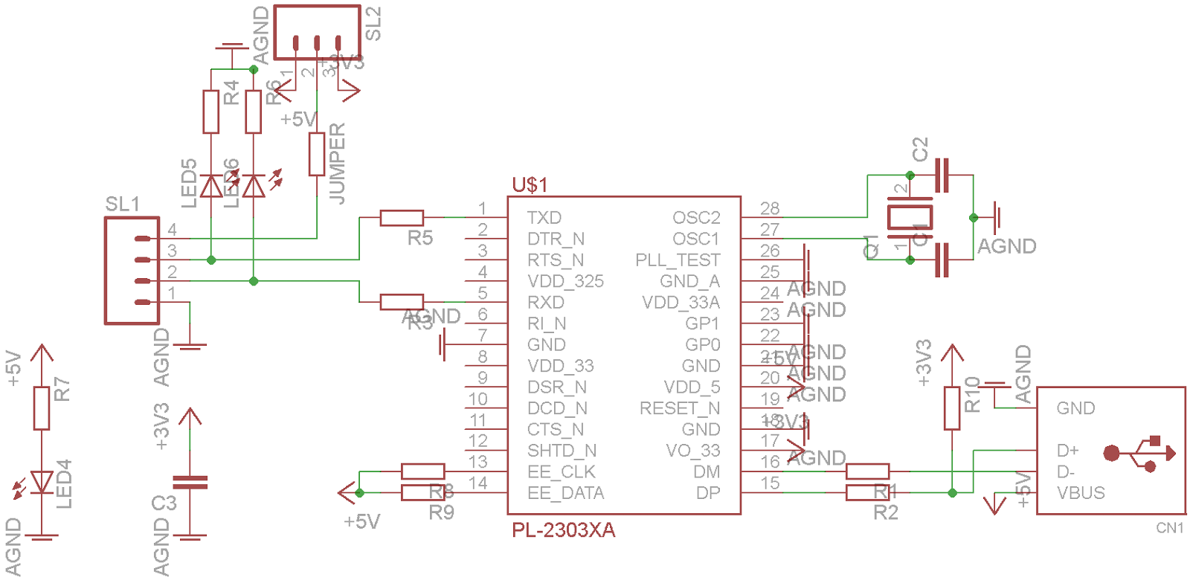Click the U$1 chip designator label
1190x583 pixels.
pyautogui.click(x=530, y=184)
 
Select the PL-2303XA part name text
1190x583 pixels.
pyautogui.click(x=563, y=530)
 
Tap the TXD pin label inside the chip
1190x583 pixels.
pyautogui.click(x=544, y=218)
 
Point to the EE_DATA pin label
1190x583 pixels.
pyautogui.click(x=565, y=493)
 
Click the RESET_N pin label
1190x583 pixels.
pyautogui.click(x=679, y=408)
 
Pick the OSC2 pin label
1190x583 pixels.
pyautogui.click(x=696, y=218)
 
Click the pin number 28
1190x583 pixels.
pyautogui.click(x=770, y=208)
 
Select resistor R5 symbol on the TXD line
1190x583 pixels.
pyautogui.click(x=402, y=218)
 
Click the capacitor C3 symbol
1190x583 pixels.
pyautogui.click(x=190, y=483)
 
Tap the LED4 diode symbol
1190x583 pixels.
pyautogui.click(x=42, y=483)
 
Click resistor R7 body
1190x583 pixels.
pyautogui.click(x=42, y=408)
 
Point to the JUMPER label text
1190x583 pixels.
pyautogui.click(x=338, y=164)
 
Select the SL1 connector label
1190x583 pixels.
pyautogui.click(x=122, y=204)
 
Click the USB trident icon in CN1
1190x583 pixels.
pyautogui.click(x=1141, y=453)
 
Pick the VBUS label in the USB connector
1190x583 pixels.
pyautogui.click(x=1080, y=493)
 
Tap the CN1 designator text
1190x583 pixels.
pyautogui.click(x=1169, y=528)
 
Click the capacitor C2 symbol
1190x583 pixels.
pyautogui.click(x=942, y=175)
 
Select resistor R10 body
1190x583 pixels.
pyautogui.click(x=952, y=408)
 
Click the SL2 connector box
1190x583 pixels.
pyautogui.click(x=317, y=33)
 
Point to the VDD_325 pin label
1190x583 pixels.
pyautogui.click(x=565, y=281)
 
